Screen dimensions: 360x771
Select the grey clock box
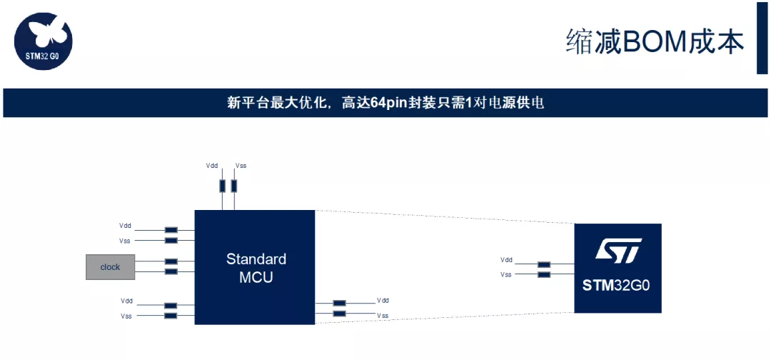(110, 266)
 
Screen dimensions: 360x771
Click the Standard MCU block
(256, 267)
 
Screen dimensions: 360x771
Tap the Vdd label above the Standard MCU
(212, 166)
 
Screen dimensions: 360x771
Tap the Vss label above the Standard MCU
(241, 166)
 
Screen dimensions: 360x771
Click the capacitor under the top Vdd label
(222, 186)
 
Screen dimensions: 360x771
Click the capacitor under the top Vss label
(233, 186)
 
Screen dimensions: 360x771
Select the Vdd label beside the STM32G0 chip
(506, 260)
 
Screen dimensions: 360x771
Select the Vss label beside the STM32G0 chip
(506, 274)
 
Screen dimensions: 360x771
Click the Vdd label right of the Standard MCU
(383, 301)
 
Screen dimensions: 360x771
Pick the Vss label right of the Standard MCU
(383, 315)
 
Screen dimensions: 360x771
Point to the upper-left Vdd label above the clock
(126, 226)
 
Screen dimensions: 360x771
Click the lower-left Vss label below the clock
(126, 316)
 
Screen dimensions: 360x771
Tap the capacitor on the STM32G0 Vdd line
(544, 264)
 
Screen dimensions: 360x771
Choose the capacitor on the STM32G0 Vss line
(544, 274)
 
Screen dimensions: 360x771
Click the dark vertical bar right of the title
(762, 38)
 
